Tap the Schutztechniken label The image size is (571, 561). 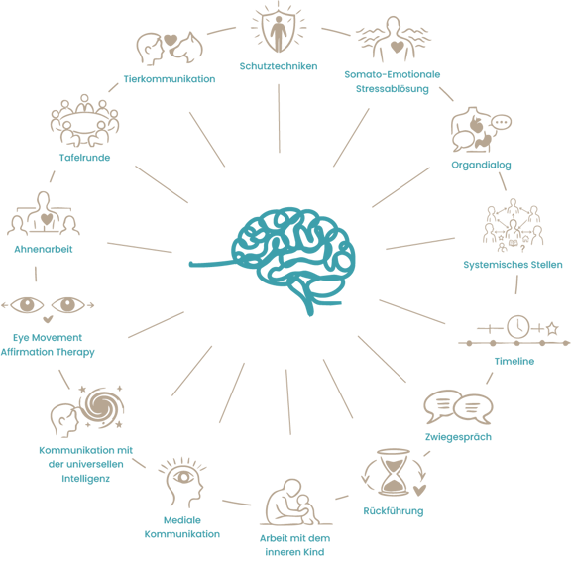click(279, 66)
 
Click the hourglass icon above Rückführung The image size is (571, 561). click(394, 472)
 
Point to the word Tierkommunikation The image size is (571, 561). click(170, 79)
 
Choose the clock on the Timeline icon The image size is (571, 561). click(518, 326)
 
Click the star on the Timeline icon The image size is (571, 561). click(552, 328)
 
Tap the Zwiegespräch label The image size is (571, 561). click(458, 437)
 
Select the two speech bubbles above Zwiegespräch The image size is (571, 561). click(458, 407)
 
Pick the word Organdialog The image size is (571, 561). click(481, 165)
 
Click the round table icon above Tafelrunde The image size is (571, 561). click(84, 120)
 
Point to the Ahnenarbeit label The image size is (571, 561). click(44, 249)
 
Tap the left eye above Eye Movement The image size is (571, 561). click(27, 304)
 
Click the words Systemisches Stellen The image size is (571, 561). click(513, 265)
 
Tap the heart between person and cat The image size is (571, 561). click(171, 40)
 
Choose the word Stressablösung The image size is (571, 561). click(393, 89)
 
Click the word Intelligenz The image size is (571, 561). click(85, 479)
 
